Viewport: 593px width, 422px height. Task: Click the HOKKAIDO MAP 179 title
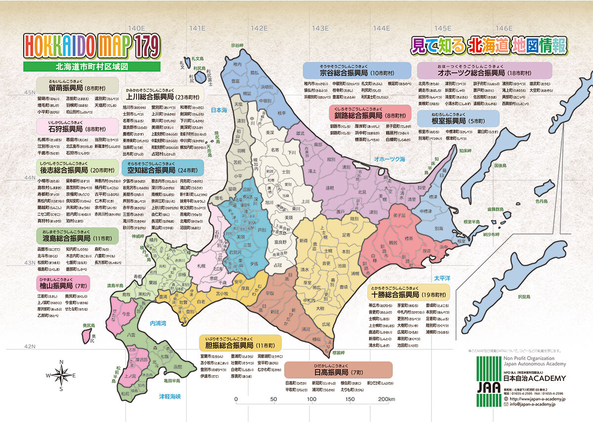tap(92, 47)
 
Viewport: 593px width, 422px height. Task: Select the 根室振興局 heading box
tap(458, 119)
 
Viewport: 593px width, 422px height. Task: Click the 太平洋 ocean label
tap(443, 279)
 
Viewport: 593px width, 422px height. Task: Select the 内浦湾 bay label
tap(159, 323)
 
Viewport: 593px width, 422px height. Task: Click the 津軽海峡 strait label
tap(170, 396)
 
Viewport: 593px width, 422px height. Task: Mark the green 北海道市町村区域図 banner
tap(92, 66)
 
